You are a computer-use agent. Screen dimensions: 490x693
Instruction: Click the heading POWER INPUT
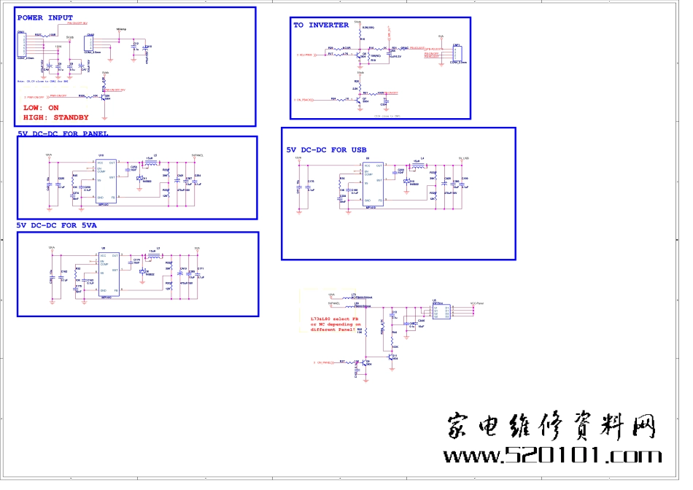pos(44,17)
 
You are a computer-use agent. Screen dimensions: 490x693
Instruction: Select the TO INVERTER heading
pos(321,26)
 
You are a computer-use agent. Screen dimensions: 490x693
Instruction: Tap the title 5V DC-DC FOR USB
pos(326,150)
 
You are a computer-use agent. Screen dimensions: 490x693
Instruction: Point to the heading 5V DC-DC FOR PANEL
pos(63,134)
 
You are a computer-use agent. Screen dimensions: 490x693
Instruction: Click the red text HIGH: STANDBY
pos(56,117)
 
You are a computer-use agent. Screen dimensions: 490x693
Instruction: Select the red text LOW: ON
pos(41,108)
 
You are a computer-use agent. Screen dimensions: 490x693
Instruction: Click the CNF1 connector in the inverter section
pos(456,53)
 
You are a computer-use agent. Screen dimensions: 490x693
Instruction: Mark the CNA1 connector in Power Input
pos(22,47)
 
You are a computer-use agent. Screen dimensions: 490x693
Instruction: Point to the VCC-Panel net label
pos(478,302)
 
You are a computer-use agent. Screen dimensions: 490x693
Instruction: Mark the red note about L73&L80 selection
pos(336,324)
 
